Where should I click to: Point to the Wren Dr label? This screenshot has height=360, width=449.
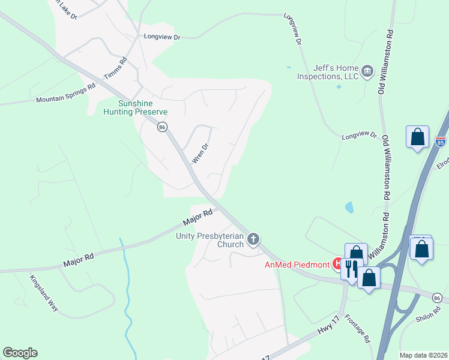[x=199, y=153]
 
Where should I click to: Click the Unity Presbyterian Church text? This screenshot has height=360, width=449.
[x=209, y=240]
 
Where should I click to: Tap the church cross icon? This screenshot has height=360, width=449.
[x=253, y=240]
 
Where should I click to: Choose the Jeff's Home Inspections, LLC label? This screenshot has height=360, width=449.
[x=327, y=72]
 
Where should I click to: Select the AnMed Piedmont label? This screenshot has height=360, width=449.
[x=298, y=265]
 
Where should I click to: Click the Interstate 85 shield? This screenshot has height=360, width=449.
[x=441, y=142]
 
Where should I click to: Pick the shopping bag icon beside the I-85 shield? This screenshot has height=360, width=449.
[x=417, y=137]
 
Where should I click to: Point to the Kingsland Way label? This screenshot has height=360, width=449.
[x=44, y=293]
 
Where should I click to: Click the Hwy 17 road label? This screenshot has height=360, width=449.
[x=322, y=325]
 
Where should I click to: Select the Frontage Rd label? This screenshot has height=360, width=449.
[x=358, y=330]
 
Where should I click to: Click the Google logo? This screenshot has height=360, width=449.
[x=20, y=353]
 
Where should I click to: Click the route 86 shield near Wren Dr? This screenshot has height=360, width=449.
[x=161, y=127]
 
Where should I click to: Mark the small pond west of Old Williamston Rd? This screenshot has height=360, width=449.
[x=349, y=208]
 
